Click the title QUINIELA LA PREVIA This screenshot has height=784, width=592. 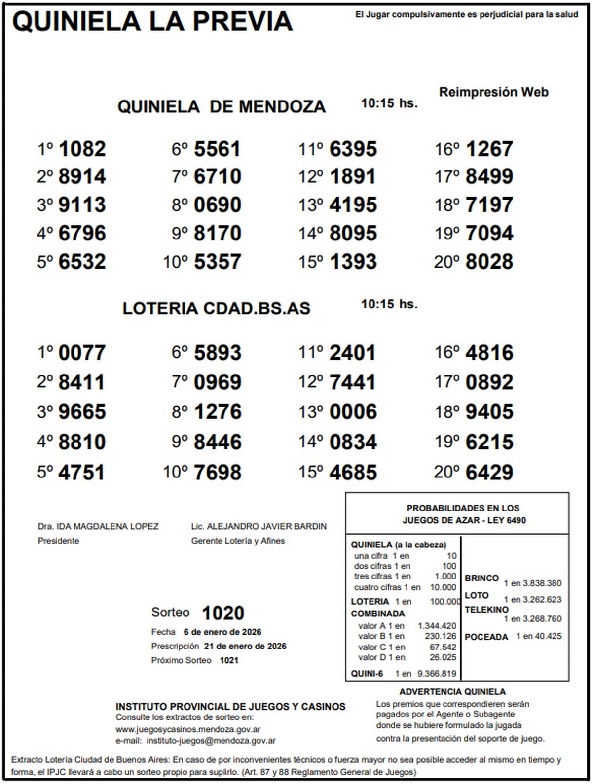click(152, 21)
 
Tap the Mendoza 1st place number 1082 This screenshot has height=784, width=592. click(82, 149)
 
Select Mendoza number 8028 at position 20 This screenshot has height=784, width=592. click(489, 262)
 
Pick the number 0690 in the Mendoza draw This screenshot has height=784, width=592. click(218, 205)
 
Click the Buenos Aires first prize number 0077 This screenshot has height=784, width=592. click(82, 353)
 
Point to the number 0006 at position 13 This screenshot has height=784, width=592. click(353, 412)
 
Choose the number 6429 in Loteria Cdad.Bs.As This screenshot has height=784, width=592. click(489, 473)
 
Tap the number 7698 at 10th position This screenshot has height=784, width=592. click(218, 473)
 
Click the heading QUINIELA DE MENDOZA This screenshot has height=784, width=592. click(222, 106)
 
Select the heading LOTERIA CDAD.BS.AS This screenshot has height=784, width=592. click(216, 308)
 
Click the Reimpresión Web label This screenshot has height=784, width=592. click(493, 92)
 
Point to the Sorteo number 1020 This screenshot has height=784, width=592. click(223, 613)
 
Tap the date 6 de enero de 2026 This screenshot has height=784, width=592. click(222, 632)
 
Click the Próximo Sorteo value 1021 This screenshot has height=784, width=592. click(229, 660)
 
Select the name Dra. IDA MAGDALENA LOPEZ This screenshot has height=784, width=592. click(98, 526)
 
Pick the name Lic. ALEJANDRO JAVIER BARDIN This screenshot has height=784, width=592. click(259, 526)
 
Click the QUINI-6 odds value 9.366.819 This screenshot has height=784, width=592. click(437, 673)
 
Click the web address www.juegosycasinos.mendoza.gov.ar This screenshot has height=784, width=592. click(188, 729)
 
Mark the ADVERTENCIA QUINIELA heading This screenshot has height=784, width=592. click(452, 692)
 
